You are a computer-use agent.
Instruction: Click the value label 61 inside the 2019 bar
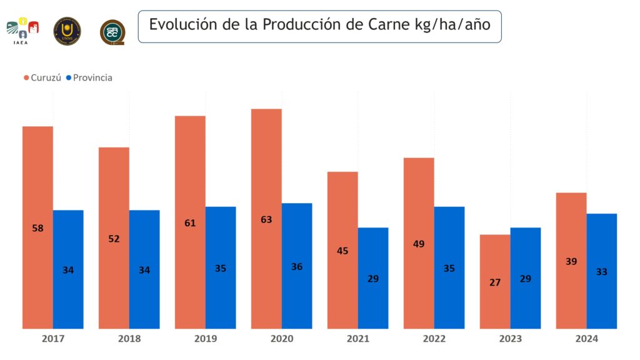tap(190, 223)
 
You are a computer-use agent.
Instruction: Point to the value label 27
tap(495, 282)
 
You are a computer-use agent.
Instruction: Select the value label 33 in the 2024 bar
tap(602, 272)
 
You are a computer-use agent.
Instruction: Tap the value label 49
tap(419, 244)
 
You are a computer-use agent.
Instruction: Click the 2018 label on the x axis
tap(129, 339)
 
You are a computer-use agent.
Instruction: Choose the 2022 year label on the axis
tap(434, 339)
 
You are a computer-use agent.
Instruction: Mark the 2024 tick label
tap(586, 339)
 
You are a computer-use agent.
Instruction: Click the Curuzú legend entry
tap(42, 78)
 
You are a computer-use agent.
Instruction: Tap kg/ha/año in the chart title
tap(453, 26)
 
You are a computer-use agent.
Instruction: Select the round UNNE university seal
tap(67, 29)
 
